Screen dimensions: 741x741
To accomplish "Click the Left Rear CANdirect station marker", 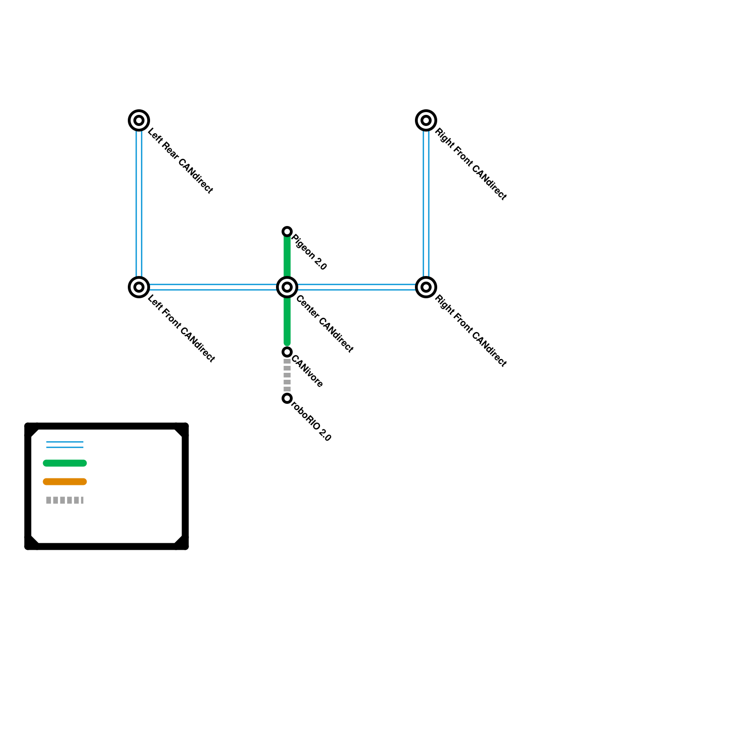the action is [138, 120].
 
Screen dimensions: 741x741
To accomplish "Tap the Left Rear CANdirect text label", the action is [180, 161].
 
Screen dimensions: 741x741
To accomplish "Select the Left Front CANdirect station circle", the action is [138, 287].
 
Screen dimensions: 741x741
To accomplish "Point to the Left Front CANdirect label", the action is [181, 328].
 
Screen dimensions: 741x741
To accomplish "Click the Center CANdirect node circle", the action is [287, 287].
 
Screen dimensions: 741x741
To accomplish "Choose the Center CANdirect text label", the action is [325, 323].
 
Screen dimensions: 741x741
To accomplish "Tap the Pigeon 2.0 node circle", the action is [287, 232].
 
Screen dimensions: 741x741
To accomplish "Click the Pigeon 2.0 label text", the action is [309, 252].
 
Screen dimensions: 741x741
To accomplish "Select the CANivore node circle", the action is [287, 352].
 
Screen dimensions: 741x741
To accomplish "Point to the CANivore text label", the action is [307, 371].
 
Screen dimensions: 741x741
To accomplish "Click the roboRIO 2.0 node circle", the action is [287, 398].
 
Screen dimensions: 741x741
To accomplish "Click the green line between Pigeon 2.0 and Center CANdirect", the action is [287, 257].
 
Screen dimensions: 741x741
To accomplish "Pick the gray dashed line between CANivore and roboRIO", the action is [287, 375].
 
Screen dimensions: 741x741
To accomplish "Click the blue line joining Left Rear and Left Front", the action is [138, 204].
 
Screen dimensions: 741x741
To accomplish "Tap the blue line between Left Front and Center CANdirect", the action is [213, 287].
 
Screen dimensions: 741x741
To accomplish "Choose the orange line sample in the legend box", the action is [65, 482].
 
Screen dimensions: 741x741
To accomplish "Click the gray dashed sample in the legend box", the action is [65, 500].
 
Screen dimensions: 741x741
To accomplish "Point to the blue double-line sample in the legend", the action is [65, 445].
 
